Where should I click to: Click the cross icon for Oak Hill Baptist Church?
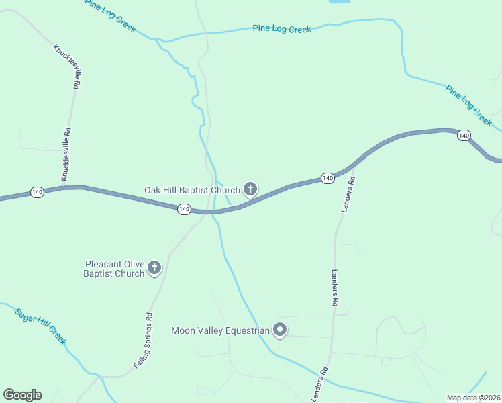[x=250, y=189]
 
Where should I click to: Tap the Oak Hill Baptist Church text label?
[x=192, y=190]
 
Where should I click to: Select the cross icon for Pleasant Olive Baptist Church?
[x=154, y=269]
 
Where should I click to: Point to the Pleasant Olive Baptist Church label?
[x=113, y=269]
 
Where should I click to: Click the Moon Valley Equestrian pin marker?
[x=280, y=330]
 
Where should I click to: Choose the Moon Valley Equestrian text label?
[x=220, y=330]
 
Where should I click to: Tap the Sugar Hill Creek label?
[x=41, y=326]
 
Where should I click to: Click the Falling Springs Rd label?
[x=143, y=339]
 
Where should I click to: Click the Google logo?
[x=22, y=395]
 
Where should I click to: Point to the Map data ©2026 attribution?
[x=474, y=398]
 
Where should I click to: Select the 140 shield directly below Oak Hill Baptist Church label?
[x=184, y=210]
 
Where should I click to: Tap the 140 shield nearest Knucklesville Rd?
[x=37, y=193]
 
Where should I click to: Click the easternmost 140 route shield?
[x=464, y=136]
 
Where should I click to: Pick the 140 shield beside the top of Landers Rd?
[x=327, y=178]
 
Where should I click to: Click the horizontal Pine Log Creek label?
[x=282, y=29]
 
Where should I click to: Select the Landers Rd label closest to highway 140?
[x=346, y=195]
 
